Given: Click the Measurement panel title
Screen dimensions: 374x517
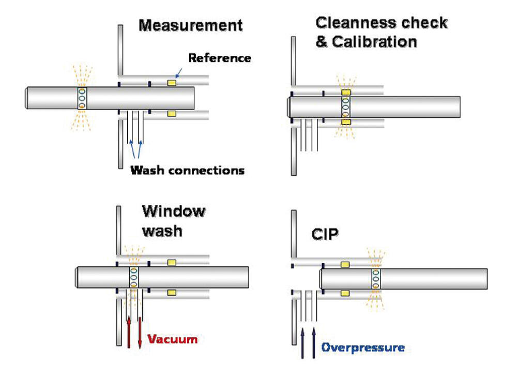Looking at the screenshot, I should (190, 26).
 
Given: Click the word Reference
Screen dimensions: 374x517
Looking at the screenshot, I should (220, 58).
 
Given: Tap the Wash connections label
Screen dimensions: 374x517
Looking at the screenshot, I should (187, 170).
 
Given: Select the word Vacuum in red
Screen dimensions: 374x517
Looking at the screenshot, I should (173, 339).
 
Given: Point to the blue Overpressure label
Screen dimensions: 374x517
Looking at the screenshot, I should (363, 347).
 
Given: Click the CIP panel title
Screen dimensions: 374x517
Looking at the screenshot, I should (325, 234).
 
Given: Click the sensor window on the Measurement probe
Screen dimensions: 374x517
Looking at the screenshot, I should (82, 98).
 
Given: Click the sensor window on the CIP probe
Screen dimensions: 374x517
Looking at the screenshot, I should (376, 279).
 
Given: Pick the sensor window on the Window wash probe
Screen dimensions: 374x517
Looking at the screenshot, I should (133, 278).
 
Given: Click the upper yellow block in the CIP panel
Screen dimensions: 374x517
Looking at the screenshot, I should (345, 264).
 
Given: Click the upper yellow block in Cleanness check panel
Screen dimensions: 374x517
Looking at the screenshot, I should (346, 92).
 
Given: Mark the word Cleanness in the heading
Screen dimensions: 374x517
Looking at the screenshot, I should (354, 23).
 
